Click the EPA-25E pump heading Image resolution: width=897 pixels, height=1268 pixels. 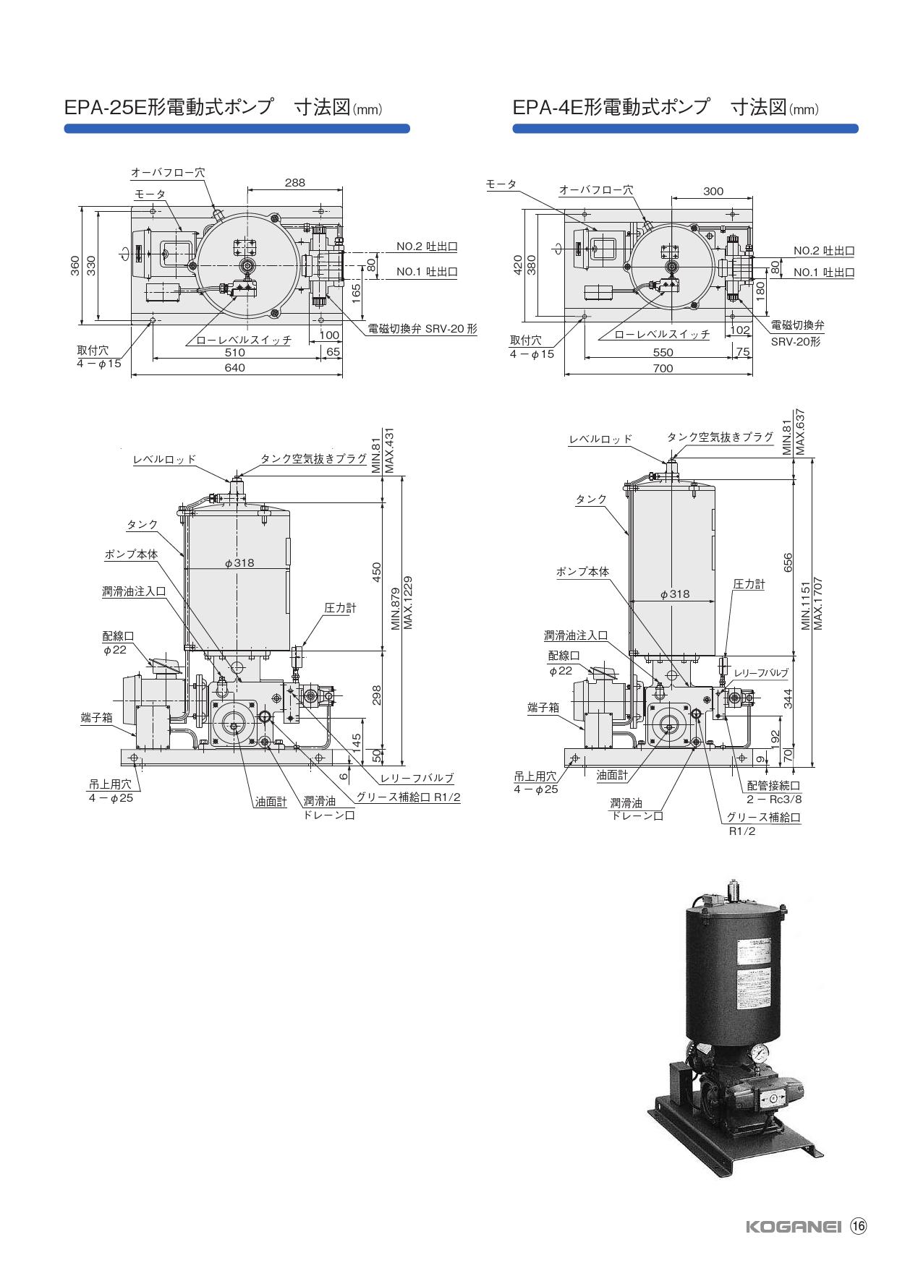coord(223,108)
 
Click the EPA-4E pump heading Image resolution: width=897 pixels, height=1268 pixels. coord(666,108)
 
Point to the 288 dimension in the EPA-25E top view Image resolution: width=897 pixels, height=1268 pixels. coord(294,183)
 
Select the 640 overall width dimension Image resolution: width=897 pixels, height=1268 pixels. coord(235,367)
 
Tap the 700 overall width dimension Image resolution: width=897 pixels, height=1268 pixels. coord(663,368)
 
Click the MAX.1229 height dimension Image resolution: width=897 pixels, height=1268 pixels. coord(408,603)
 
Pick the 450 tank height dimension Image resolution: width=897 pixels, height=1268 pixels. coord(376,572)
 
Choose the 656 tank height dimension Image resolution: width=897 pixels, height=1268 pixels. coord(788,562)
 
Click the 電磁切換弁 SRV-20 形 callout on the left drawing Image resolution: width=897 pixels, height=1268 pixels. coord(422,328)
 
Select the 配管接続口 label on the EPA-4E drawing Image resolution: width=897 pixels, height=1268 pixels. coord(774,785)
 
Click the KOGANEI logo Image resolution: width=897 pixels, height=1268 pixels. coord(793,1227)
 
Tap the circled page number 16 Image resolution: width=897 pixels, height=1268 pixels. coord(858,1226)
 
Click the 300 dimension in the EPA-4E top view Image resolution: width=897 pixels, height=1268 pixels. coord(713,192)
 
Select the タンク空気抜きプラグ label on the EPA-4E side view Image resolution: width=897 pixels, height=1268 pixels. coord(720,437)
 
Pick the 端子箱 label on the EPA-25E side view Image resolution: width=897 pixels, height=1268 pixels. coord(96,718)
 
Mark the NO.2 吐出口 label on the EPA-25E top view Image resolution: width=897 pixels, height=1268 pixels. coord(427,247)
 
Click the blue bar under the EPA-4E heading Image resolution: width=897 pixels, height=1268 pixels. coord(685,129)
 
